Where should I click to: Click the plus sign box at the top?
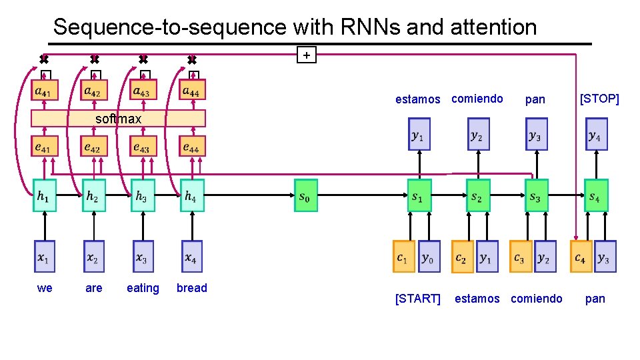pos(306,55)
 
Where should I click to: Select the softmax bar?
pos(119,119)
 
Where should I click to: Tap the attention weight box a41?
pos(45,90)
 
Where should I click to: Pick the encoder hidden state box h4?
pos(192,195)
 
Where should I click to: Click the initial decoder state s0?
pos(306,195)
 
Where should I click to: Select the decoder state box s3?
pos(536,195)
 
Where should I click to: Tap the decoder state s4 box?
pos(596,195)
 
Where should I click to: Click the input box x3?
pos(143,257)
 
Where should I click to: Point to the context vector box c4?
pos(581,257)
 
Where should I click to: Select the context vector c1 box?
pos(404,257)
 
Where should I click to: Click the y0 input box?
pos(428,257)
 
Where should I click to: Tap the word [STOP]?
pos(599,99)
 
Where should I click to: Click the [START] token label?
pos(418,299)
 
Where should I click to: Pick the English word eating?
pos(143,288)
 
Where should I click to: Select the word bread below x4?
pos(192,288)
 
